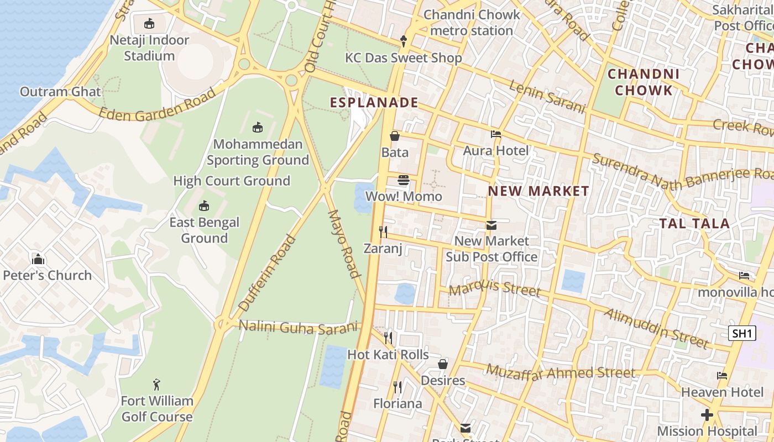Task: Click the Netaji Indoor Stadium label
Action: click(x=149, y=48)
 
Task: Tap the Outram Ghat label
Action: click(x=60, y=92)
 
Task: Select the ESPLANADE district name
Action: click(x=374, y=103)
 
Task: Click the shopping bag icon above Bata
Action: click(x=395, y=136)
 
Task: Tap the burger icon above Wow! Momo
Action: click(x=404, y=180)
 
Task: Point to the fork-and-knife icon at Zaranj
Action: click(x=383, y=231)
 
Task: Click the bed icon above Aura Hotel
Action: click(x=496, y=134)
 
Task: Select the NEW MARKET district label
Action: click(x=538, y=191)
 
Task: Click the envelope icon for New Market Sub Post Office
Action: click(x=491, y=225)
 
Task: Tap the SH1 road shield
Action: click(x=741, y=333)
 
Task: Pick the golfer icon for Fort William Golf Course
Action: click(x=157, y=385)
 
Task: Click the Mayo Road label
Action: click(x=344, y=243)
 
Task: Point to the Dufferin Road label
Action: click(x=267, y=273)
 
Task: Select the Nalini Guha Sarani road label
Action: click(x=298, y=327)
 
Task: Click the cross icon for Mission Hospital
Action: click(x=707, y=414)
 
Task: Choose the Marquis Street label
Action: click(x=494, y=288)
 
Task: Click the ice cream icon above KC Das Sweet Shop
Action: click(x=404, y=41)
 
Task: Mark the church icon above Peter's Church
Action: click(x=38, y=259)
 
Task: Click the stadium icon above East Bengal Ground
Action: click(x=204, y=206)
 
